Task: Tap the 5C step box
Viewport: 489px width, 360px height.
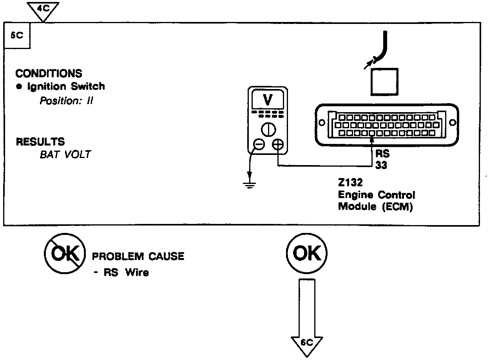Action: tap(17, 35)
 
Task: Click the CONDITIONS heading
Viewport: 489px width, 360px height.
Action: tap(49, 73)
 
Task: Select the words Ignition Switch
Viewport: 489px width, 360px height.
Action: tap(66, 86)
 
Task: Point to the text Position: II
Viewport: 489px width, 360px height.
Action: tap(66, 101)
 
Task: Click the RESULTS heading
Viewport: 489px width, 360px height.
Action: tap(40, 141)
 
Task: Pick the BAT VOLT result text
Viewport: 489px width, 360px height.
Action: tap(65, 154)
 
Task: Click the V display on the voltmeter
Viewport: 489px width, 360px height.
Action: tap(268, 100)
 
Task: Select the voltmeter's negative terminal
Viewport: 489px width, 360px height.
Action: tap(259, 145)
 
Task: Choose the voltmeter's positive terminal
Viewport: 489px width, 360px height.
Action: tap(277, 145)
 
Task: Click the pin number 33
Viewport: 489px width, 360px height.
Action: tap(381, 165)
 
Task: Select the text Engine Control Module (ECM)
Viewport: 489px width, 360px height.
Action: tap(376, 200)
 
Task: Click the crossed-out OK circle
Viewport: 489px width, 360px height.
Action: tap(65, 255)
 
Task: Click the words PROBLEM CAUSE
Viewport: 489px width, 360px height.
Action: tap(138, 257)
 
